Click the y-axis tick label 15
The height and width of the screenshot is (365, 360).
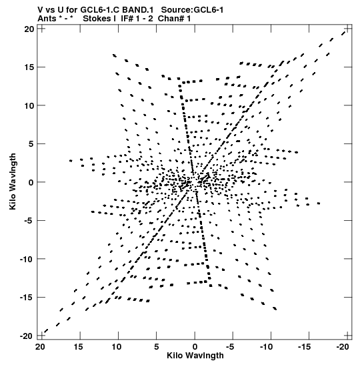click(29, 67)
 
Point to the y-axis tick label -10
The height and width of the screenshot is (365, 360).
click(27, 259)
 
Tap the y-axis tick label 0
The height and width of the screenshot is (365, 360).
click(31, 182)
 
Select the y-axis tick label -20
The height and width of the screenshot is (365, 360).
click(27, 336)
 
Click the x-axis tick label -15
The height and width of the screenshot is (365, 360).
click(305, 347)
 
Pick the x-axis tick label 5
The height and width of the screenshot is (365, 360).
click(157, 347)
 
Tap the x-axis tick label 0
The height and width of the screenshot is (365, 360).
click(195, 347)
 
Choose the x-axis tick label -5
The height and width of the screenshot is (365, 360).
click(230, 347)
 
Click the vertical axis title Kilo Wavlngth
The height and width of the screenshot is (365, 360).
click(13, 181)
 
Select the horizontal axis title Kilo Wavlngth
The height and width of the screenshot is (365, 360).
click(195, 356)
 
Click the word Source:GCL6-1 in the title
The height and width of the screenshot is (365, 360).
click(192, 10)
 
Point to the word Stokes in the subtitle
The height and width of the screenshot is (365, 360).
click(97, 19)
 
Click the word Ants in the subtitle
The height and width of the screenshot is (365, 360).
click(47, 19)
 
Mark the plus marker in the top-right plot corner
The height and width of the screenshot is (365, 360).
click(347, 29)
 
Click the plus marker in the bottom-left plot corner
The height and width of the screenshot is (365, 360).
click(41, 336)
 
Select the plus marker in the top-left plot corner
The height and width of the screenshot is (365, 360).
click(41, 29)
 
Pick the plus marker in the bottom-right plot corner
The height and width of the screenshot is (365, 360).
click(347, 336)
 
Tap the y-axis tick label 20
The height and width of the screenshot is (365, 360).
click(29, 29)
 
